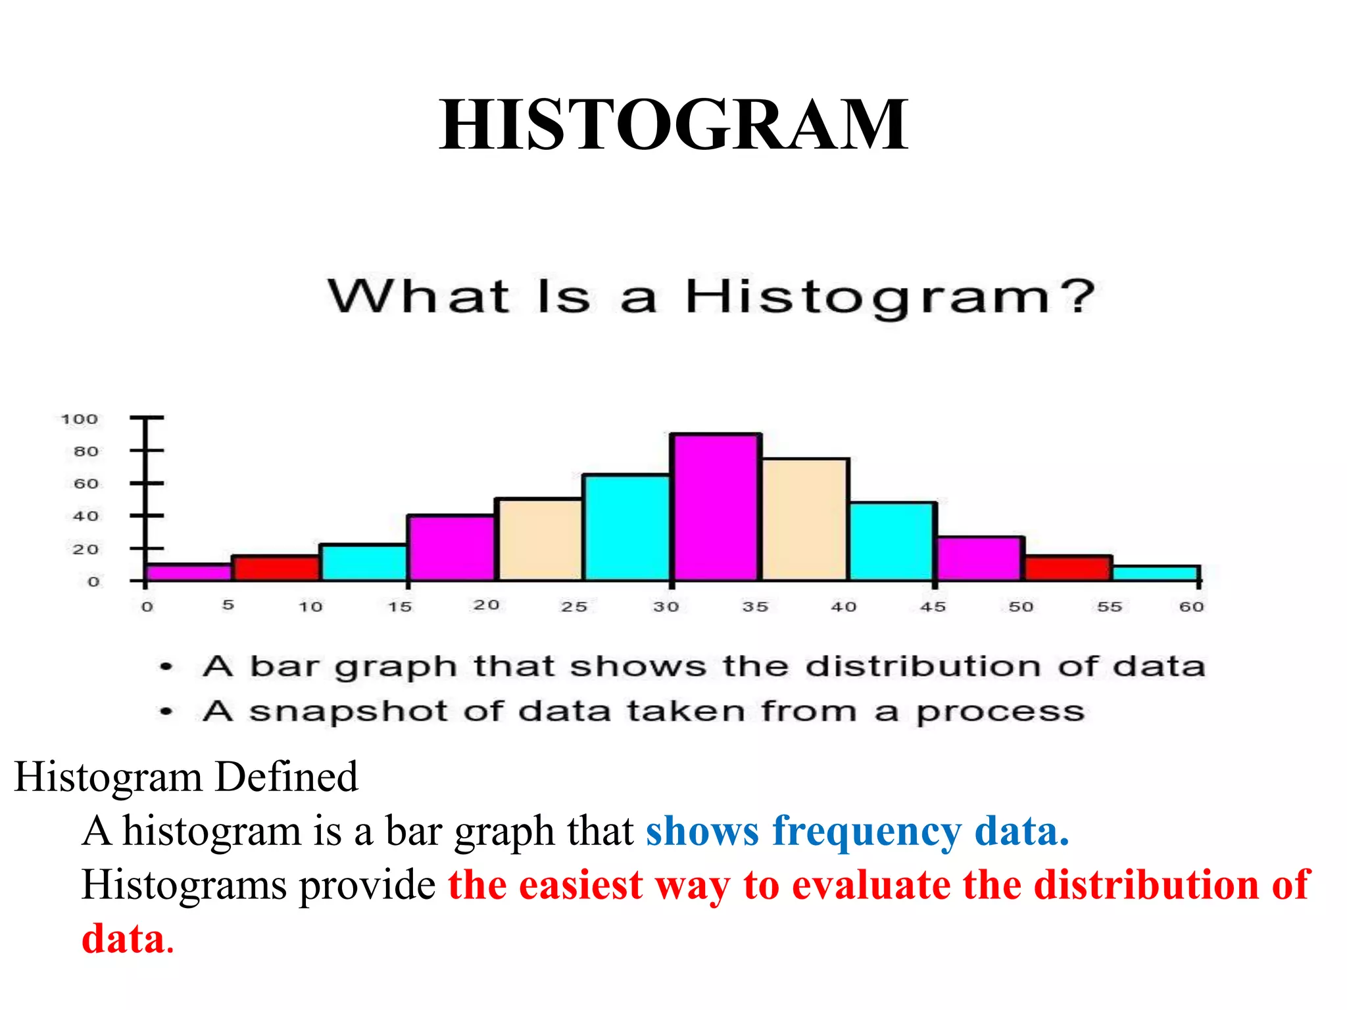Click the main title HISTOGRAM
coord(673,124)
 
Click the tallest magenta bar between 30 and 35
coord(716,507)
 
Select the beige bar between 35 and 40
coord(805,519)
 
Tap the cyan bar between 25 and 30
coord(626,527)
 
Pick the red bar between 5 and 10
coord(276,567)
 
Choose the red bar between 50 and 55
coord(1068,567)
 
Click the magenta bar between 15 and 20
coord(451,547)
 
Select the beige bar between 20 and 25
coord(539,539)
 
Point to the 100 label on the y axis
coord(80,419)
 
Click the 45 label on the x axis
coord(932,606)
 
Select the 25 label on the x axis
coord(574,606)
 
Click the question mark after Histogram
coord(1078,296)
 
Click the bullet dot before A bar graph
coord(166,667)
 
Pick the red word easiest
coord(580,885)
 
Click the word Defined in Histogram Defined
coord(287,777)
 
